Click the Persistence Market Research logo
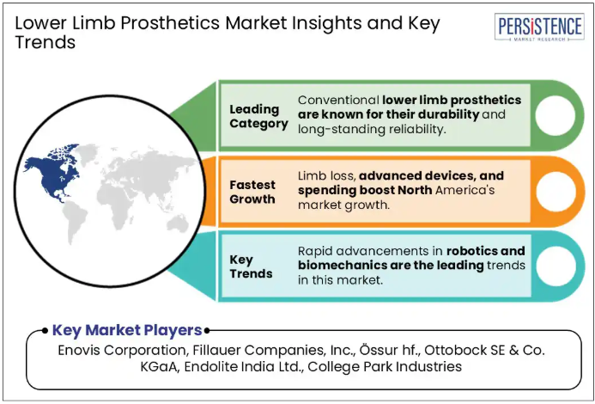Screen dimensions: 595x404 pos(539,27)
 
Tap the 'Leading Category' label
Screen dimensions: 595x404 pos(258,116)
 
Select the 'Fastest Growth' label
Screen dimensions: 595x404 pos(252,192)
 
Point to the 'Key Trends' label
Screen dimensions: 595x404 pos(251,266)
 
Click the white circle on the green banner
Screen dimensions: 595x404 pos(556,115)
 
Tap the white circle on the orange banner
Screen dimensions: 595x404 pos(556,191)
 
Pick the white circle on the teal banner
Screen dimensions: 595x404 pos(556,266)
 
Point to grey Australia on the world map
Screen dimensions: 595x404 pos(178,223)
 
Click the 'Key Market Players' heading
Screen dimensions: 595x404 pos(127,330)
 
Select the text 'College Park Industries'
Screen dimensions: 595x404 pos(385,367)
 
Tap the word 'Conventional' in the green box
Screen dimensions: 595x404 pos(338,101)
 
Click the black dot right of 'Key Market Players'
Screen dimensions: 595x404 pos(207,331)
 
